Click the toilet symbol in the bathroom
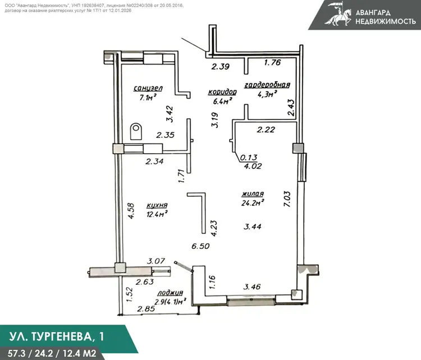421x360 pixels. (136, 131)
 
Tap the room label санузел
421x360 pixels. (148, 88)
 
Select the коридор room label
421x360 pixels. (222, 92)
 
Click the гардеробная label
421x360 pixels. (267, 85)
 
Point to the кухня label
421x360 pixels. (157, 205)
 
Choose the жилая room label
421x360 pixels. (253, 193)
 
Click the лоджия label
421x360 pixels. (170, 293)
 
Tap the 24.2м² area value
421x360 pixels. (253, 203)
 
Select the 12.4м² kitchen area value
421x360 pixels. (157, 214)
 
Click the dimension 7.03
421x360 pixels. (287, 199)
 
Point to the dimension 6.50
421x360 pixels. (200, 246)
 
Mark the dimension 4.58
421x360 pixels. (131, 211)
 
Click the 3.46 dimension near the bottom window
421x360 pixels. (252, 287)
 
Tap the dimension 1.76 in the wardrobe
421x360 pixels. (272, 62)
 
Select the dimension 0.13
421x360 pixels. (249, 158)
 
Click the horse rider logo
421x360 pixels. (338, 14)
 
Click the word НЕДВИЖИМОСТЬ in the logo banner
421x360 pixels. (386, 21)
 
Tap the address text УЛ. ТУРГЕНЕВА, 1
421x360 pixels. (57, 336)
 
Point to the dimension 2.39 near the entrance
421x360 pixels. (221, 66)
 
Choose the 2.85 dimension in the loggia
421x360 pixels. (146, 309)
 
